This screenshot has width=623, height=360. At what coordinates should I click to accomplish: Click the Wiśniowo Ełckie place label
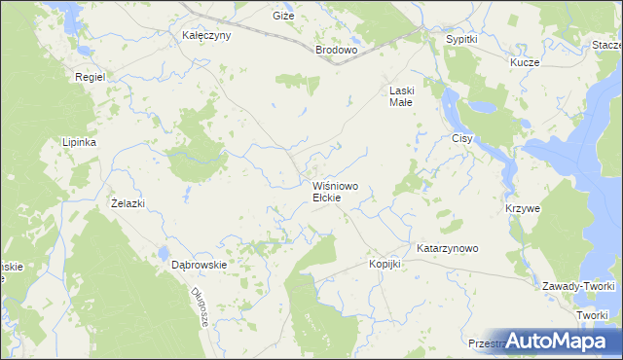pos(334,191)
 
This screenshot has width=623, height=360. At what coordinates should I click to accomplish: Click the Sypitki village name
pos(461,39)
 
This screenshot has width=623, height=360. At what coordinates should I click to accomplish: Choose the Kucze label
pos(526,61)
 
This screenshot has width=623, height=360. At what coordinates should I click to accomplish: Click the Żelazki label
pos(128,203)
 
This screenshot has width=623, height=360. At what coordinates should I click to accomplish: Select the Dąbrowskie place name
pos(199,264)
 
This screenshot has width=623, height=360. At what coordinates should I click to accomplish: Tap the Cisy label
pos(462,139)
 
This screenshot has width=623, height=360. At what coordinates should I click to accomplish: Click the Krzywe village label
pos(523,209)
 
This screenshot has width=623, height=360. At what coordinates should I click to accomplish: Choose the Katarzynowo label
pos(448,248)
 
